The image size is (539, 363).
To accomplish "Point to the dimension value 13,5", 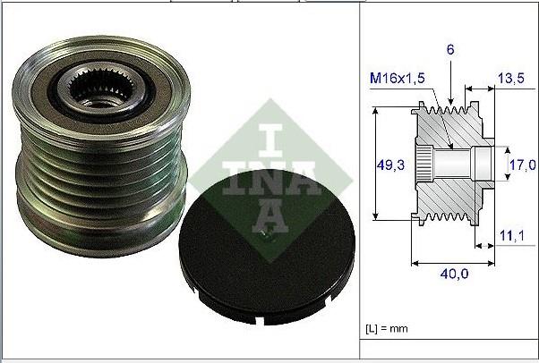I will click(509, 78).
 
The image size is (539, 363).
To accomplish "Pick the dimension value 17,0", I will click(522, 165).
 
